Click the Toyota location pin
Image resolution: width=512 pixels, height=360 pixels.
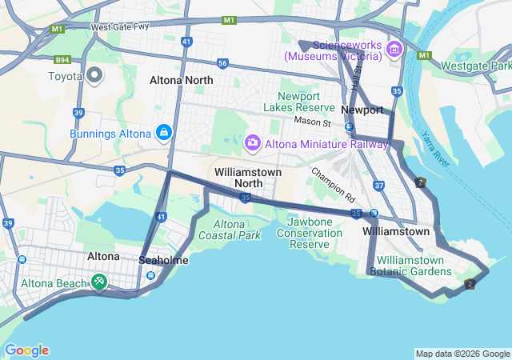coord(95,76)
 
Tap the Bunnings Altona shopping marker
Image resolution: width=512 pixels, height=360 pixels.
coord(164,132)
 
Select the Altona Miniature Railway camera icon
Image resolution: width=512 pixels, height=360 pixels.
coord(253,142)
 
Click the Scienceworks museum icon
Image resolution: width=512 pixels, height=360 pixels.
coord(394,50)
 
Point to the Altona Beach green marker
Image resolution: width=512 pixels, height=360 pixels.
coord(99,282)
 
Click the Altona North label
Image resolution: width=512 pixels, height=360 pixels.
coord(182,81)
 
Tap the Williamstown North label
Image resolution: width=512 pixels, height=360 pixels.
coord(248,178)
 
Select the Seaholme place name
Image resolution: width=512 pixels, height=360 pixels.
coord(163,261)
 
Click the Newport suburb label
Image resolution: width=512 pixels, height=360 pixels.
coord(362,110)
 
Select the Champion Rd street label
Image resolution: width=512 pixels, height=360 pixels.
coord(334,184)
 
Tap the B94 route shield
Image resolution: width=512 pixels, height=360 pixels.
coord(62,59)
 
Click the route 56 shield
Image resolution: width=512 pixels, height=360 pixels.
coord(222,63)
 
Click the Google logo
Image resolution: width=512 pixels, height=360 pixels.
coord(26,350)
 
